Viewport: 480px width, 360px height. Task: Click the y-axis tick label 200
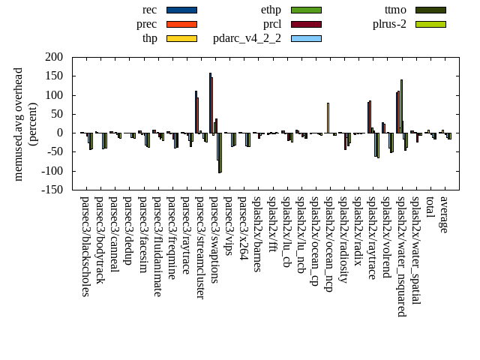pyautogui.click(x=53, y=57)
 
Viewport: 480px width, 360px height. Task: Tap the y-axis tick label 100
pyautogui.click(x=53, y=95)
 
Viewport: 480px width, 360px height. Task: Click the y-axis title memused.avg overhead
pyautogui.click(x=19, y=124)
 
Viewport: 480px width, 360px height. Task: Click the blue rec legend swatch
pyautogui.click(x=181, y=10)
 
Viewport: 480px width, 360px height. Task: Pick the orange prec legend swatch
pyautogui.click(x=181, y=24)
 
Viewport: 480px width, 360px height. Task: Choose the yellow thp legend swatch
pyautogui.click(x=181, y=38)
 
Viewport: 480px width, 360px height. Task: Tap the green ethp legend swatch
pyautogui.click(x=306, y=10)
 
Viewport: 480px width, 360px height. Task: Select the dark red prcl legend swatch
pyautogui.click(x=306, y=24)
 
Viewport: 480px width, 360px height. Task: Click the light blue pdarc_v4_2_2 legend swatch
pyautogui.click(x=306, y=38)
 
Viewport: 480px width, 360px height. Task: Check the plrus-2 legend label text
pyautogui.click(x=389, y=24)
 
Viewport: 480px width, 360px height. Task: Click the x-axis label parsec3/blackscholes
pyautogui.click(x=85, y=247)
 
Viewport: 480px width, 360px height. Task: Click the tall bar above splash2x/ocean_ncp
pyautogui.click(x=328, y=118)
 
